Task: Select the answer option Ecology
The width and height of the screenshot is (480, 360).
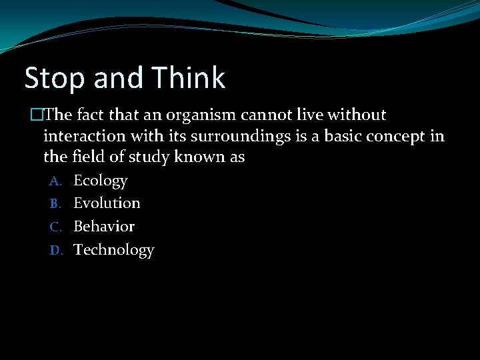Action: (x=100, y=180)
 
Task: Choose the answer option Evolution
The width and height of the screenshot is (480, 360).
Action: (x=107, y=203)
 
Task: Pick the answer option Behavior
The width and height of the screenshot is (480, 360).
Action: (x=104, y=226)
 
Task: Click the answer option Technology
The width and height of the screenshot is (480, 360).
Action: (x=113, y=250)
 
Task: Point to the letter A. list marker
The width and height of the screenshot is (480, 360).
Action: (x=55, y=181)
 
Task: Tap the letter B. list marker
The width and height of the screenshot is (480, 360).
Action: (x=55, y=203)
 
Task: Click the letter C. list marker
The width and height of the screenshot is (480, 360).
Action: (x=55, y=227)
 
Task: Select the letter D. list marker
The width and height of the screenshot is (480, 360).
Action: (x=55, y=250)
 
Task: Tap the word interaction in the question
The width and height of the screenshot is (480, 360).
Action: (x=80, y=136)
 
